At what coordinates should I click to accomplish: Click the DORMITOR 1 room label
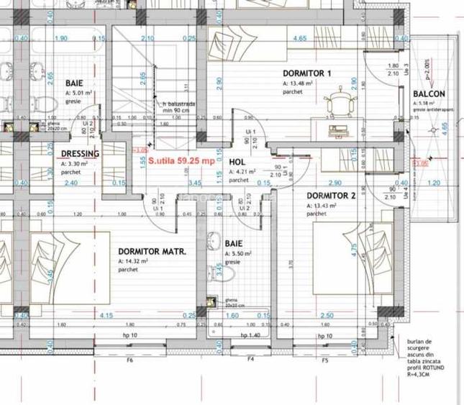click(307, 73)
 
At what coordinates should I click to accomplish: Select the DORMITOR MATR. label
click(152, 252)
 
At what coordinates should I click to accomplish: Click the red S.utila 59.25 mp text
click(181, 161)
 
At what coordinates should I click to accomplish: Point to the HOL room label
click(237, 163)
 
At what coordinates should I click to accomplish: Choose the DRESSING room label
click(80, 154)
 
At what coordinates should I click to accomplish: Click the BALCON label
click(429, 94)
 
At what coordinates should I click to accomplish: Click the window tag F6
click(130, 360)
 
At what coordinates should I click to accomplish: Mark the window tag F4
click(251, 360)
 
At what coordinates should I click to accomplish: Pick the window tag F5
click(325, 360)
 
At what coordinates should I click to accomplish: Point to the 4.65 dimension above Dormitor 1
click(300, 38)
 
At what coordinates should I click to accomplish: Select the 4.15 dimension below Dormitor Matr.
click(107, 316)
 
